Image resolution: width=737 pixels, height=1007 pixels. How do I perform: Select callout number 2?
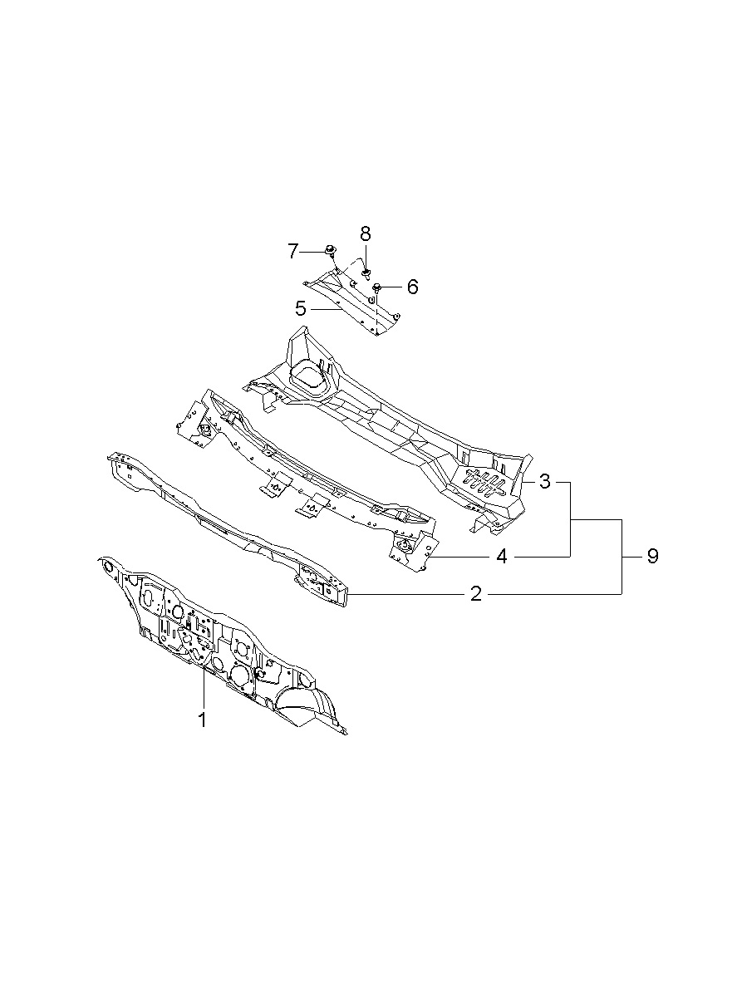476,594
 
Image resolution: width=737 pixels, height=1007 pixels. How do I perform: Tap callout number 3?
544,481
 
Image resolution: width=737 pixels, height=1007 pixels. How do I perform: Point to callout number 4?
502,557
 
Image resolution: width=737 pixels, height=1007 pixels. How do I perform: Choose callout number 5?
301,308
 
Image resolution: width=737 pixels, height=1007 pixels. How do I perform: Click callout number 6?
412,287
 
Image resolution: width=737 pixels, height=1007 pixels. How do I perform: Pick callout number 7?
293,251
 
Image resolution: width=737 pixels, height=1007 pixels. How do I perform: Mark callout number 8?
365,233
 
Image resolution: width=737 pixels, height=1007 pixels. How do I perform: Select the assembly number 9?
652,557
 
